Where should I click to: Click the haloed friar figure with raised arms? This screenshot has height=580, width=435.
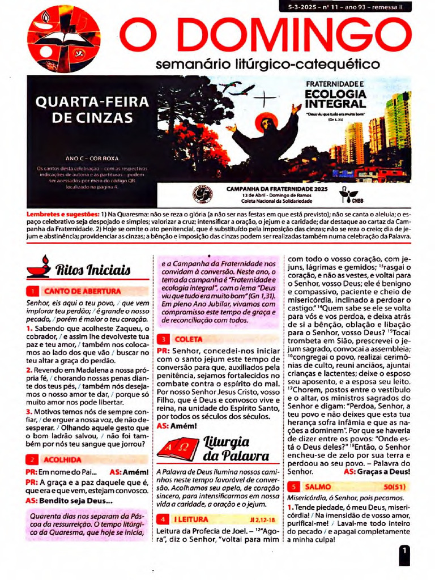click(266, 139)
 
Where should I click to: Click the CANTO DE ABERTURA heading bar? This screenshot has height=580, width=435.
click(82, 291)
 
